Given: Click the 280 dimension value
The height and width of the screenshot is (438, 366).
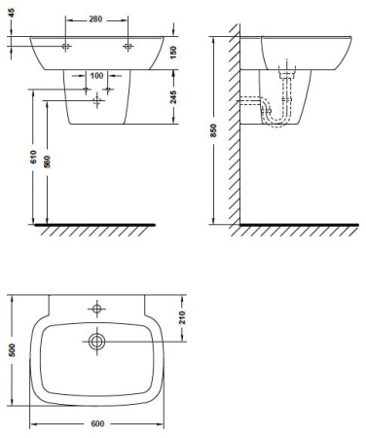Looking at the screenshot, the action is click(x=95, y=19).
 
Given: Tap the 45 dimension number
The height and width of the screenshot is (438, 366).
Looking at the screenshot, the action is click(x=11, y=14).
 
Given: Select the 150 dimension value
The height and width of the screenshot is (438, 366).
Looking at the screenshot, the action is click(x=173, y=53).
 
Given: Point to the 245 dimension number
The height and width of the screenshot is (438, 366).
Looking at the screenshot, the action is click(x=173, y=97).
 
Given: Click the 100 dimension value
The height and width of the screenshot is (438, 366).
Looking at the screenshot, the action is click(x=96, y=76).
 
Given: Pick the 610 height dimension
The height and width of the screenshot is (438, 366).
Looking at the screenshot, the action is click(x=33, y=157).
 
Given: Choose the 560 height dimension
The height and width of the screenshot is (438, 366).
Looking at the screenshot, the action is click(x=47, y=162).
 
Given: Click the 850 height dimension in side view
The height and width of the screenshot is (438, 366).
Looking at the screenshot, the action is click(x=213, y=130).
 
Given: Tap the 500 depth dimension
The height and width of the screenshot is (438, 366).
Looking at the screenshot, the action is click(x=12, y=350).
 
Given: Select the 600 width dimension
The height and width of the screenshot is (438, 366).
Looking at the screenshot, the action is click(x=97, y=423).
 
